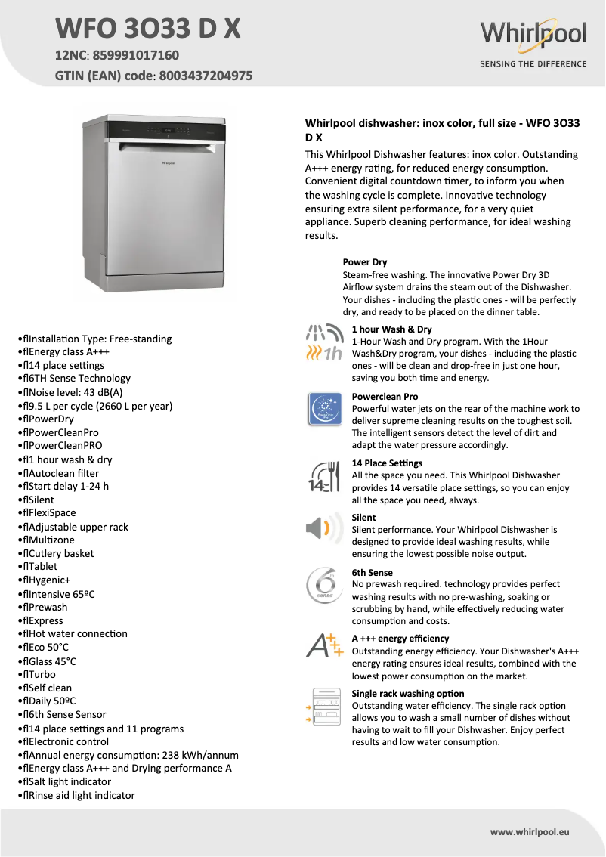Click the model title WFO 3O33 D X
coord(148,29)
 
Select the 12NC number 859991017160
coord(135,55)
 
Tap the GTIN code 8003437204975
coord(205,76)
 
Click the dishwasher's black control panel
coord(165,131)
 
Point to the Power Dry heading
coord(365,262)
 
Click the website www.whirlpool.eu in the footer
coord(530,831)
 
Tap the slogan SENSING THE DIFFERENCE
coord(533,64)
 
